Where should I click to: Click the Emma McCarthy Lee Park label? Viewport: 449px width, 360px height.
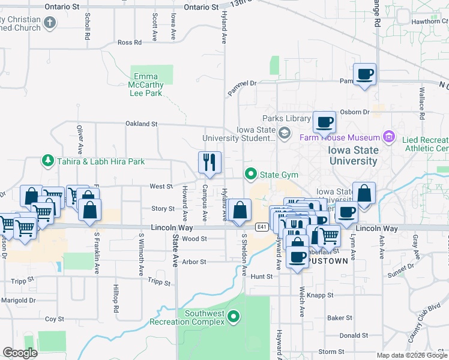coord(148,85)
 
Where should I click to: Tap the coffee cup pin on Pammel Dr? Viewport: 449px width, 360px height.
coord(364,75)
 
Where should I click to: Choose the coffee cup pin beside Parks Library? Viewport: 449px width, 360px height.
coord(324,123)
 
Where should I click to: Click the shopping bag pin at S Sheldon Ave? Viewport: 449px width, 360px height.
coord(240,211)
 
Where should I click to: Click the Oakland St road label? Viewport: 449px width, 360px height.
coord(141,124)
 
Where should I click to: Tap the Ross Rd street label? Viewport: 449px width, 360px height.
coord(130,43)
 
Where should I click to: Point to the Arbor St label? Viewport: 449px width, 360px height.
coord(194,262)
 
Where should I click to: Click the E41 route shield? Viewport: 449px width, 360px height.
coord(261,227)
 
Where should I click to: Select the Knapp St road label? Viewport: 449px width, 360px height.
coord(322,295)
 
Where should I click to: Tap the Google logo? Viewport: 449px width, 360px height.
coord(20,353)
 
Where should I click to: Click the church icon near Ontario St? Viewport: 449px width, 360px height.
coord(50,23)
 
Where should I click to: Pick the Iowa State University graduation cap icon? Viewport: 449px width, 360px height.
coord(285,131)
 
